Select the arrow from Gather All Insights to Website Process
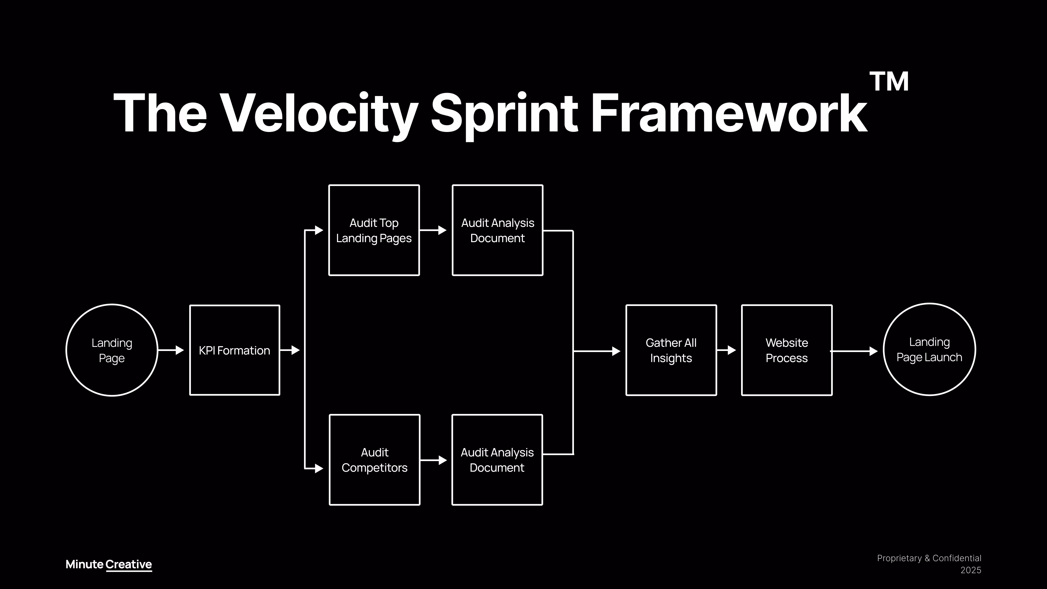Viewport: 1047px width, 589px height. [x=726, y=350]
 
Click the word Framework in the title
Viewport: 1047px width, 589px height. [x=729, y=112]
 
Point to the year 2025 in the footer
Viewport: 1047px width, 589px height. [x=971, y=570]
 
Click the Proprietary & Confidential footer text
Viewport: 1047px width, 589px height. [x=929, y=558]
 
